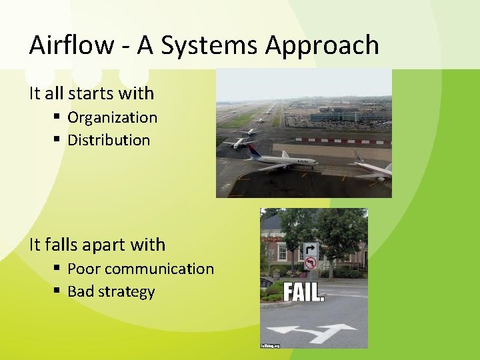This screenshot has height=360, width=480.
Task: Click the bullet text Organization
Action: (112, 117)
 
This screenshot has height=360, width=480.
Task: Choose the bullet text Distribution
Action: (109, 140)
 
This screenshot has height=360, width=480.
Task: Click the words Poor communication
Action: (140, 269)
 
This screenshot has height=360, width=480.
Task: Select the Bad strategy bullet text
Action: (111, 292)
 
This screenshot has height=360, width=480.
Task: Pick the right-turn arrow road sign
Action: (310, 251)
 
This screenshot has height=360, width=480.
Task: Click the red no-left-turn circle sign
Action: (310, 264)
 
